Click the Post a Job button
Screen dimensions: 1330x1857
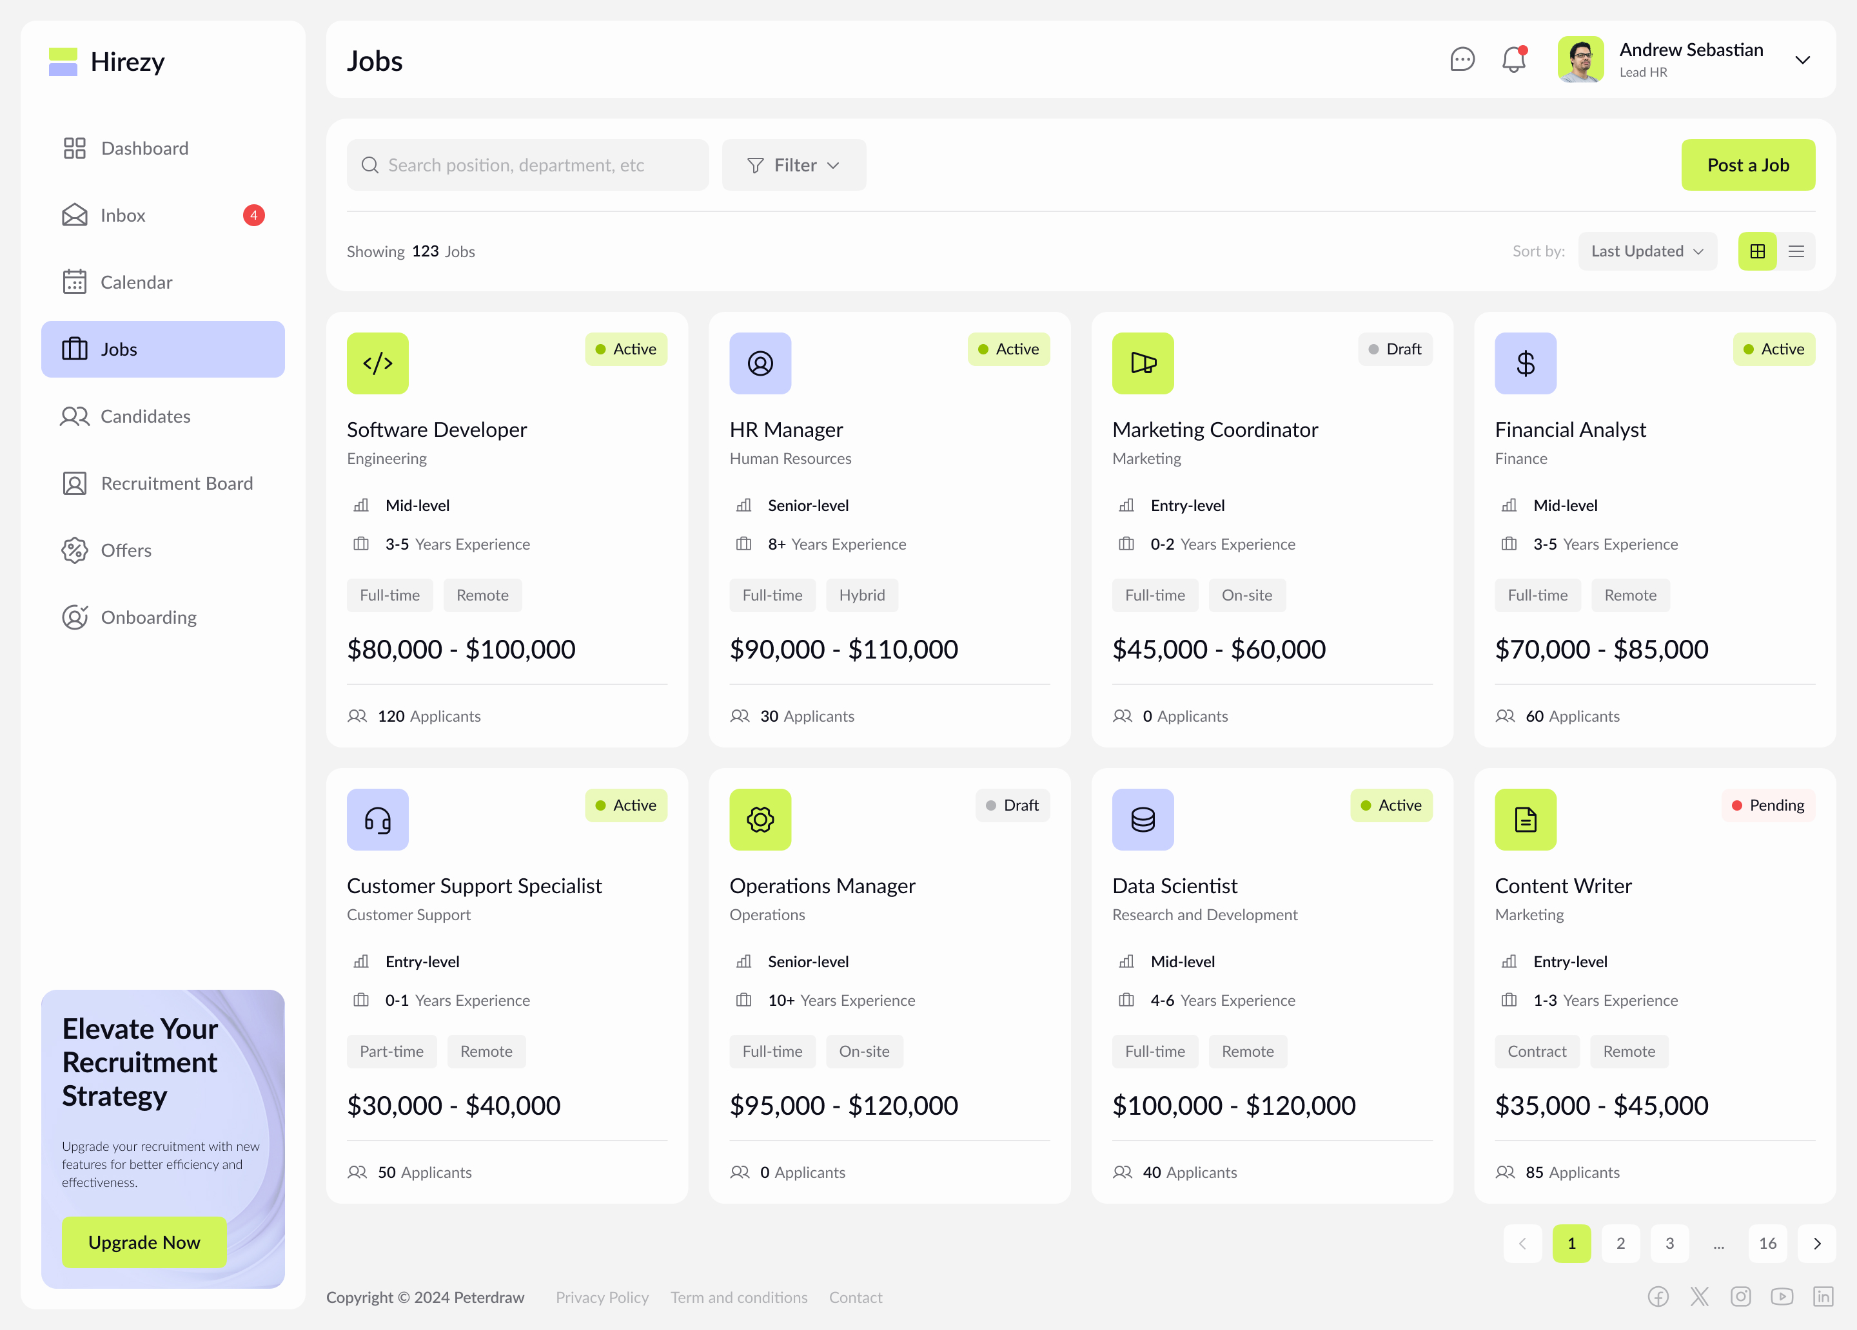[x=1747, y=166]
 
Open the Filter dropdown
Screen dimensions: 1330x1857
[x=793, y=166]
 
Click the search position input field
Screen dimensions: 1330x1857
[x=528, y=166]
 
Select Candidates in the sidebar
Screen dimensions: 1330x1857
[x=145, y=417]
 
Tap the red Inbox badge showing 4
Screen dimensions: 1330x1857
[x=254, y=215]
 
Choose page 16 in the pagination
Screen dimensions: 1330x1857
[x=1767, y=1243]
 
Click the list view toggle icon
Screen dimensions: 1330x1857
[x=1796, y=251]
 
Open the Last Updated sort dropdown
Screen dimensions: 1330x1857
[x=1647, y=251]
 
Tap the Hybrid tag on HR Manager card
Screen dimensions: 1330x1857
[x=861, y=595]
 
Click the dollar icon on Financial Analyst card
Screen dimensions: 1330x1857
[x=1524, y=363]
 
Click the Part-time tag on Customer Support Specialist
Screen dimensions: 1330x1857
[x=391, y=1051]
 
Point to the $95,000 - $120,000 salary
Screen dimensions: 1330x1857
[x=843, y=1106]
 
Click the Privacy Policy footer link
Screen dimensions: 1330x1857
[x=602, y=1297]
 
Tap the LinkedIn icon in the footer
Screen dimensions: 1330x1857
[x=1823, y=1296]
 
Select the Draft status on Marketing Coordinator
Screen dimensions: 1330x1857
[x=1395, y=349]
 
